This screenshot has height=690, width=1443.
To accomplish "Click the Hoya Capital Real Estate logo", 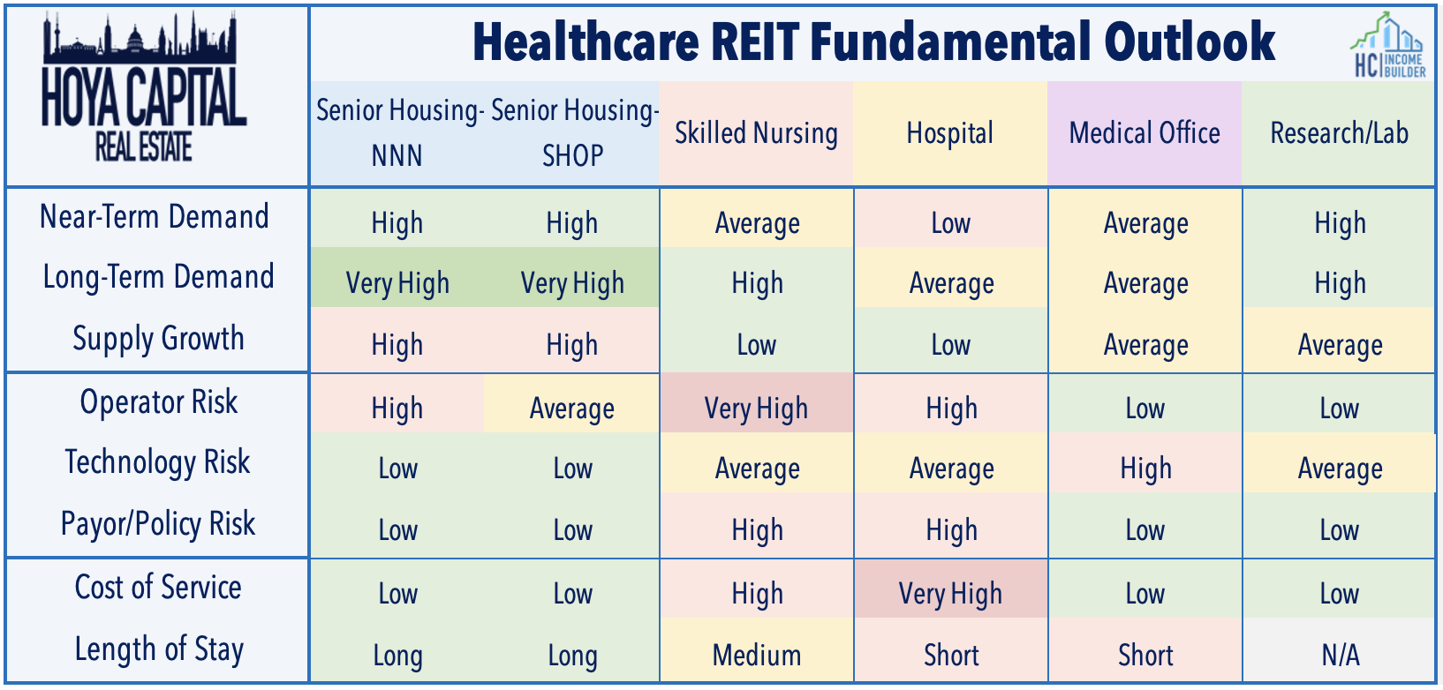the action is tap(144, 87).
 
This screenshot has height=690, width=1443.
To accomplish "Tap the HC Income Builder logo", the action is tap(1389, 45).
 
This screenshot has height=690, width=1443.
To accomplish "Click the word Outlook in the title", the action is tap(1190, 41).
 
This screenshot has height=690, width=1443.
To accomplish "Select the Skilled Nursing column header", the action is tap(756, 133).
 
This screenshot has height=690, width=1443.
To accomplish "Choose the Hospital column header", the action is tap(950, 133).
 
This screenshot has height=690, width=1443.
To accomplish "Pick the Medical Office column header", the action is tap(1145, 133).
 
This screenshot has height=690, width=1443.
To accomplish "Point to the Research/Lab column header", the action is tap(1340, 133).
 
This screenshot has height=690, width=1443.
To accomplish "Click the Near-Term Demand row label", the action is tap(155, 216).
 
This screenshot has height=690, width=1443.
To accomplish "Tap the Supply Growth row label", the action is tap(158, 339).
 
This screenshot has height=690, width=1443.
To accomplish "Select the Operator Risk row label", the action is tap(158, 402).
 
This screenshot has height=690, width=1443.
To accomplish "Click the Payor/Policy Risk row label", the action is tap(158, 523).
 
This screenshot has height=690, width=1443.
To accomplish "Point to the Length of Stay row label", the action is tap(159, 649).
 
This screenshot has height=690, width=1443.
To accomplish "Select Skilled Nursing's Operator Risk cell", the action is tap(756, 402).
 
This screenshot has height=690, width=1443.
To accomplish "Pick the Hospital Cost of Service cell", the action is tap(951, 589).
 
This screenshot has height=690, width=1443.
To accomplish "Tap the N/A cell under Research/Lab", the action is tap(1340, 649).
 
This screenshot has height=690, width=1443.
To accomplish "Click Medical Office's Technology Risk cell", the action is tap(1145, 462).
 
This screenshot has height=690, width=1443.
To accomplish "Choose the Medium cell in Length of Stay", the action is tap(756, 649).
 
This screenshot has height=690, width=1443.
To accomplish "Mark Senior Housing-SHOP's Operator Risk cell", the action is tap(572, 402).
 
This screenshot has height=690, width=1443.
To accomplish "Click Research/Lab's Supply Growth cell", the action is tap(1340, 340).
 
